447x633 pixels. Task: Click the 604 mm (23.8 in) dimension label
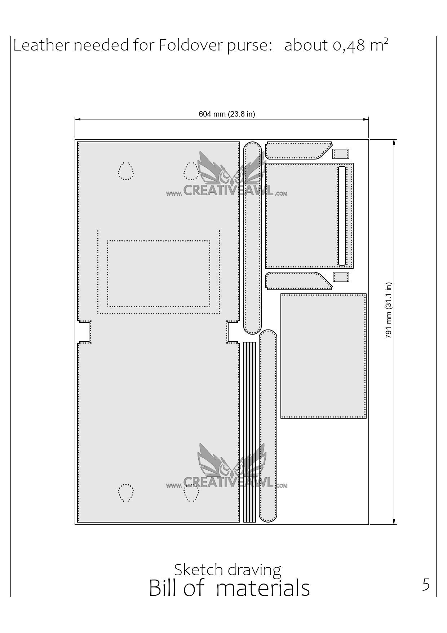pos(227,114)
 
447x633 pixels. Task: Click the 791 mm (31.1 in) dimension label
pos(388,310)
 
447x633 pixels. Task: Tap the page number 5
pos(426,584)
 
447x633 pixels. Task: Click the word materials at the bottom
pos(263,588)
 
